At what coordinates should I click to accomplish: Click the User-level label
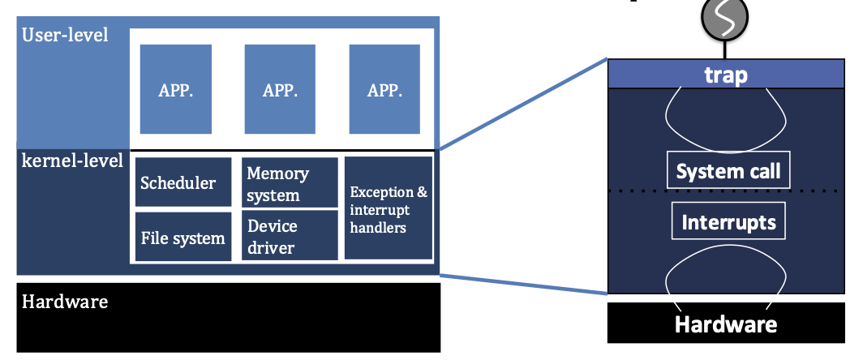66,36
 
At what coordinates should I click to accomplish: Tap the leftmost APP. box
175,89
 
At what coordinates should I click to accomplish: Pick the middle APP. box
280,89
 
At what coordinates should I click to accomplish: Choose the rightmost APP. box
384,89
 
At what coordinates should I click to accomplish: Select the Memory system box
290,183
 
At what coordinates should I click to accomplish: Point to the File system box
182,238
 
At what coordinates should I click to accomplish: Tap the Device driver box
290,235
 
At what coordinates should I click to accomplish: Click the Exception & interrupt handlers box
388,208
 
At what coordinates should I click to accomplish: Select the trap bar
724,75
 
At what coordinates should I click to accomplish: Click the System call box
728,171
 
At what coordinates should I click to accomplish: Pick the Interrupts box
728,221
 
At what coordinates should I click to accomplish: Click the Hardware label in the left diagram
65,302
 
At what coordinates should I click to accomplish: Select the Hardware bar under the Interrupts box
725,324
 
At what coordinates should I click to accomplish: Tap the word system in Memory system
273,195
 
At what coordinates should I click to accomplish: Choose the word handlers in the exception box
378,228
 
